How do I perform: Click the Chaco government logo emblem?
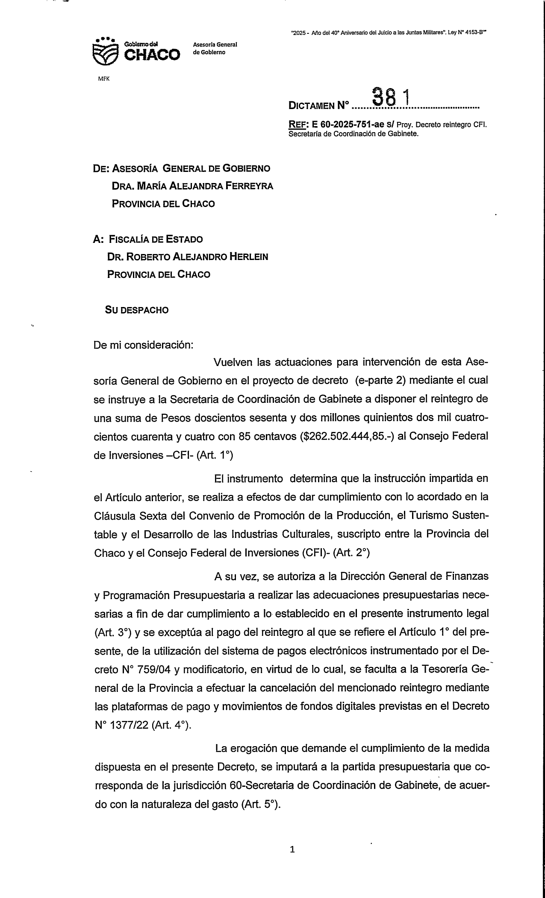(x=105, y=52)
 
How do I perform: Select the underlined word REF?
(x=298, y=125)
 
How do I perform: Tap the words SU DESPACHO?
(x=137, y=310)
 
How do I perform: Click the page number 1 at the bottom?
(x=292, y=850)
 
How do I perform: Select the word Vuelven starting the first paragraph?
(x=233, y=362)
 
